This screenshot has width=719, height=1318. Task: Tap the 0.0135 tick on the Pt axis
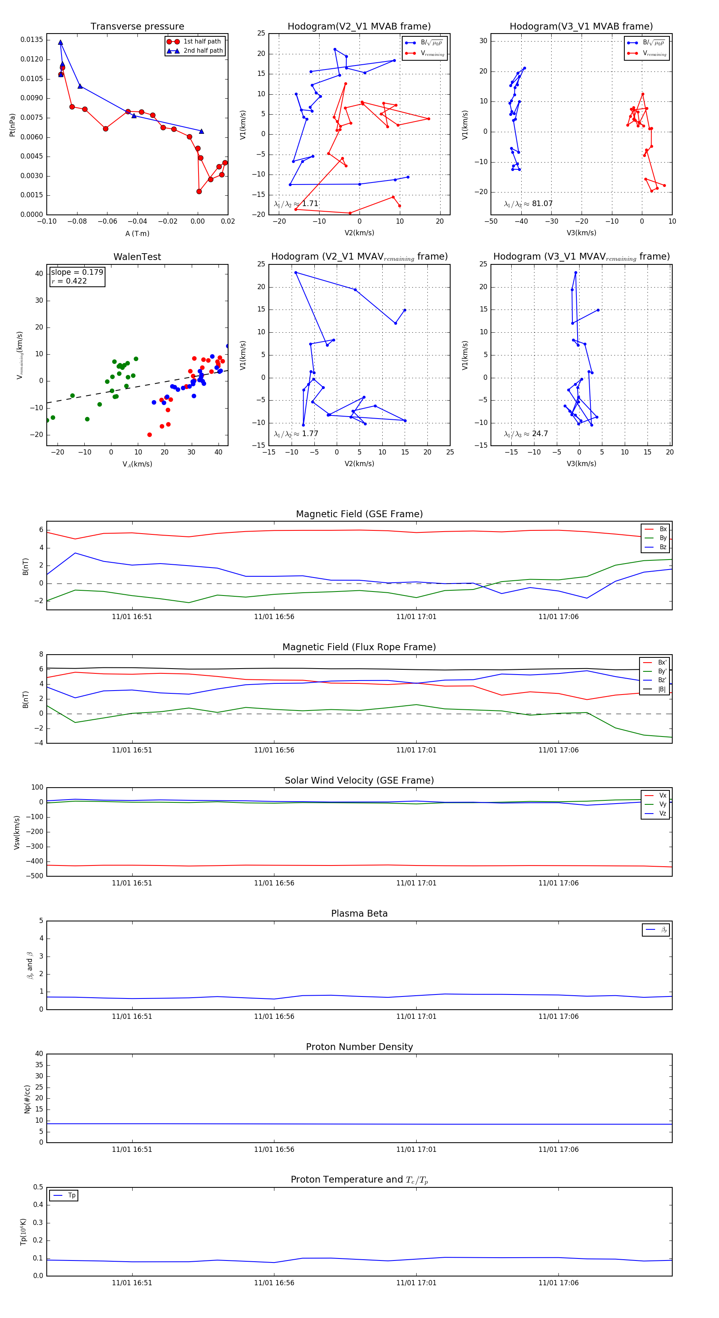click(x=32, y=40)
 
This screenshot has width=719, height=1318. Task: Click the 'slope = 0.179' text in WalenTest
click(x=77, y=272)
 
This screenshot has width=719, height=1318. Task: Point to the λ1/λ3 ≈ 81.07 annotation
click(x=528, y=204)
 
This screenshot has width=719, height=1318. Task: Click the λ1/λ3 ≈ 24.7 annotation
click(x=526, y=434)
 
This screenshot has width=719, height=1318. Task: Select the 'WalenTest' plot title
click(x=137, y=257)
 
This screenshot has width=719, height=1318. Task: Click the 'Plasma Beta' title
click(x=359, y=914)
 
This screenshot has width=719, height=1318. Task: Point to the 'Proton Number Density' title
click(x=359, y=1047)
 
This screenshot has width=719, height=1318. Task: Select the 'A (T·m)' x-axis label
click(x=137, y=234)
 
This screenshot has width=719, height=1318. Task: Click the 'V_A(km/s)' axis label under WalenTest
click(x=137, y=464)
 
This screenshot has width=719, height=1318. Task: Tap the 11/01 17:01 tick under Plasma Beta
click(x=416, y=1016)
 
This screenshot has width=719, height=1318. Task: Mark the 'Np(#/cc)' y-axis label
click(x=28, y=1099)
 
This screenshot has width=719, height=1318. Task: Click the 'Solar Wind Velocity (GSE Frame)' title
click(x=359, y=780)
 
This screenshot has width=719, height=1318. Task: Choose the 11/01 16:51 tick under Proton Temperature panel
click(x=132, y=1283)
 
